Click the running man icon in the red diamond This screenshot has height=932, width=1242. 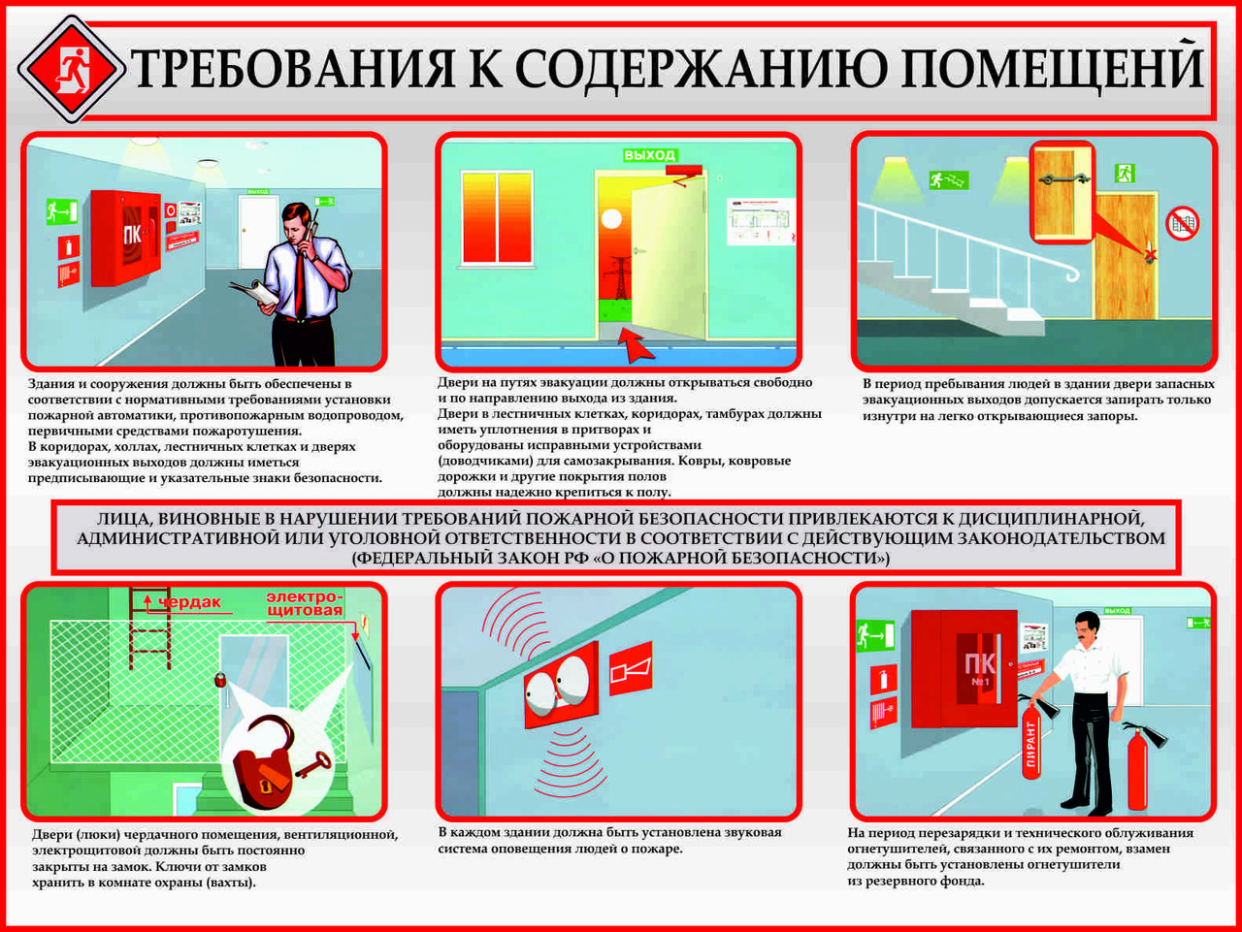pos(72,70)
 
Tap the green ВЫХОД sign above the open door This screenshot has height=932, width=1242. pos(649,155)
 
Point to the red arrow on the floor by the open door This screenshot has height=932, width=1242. pos(636,343)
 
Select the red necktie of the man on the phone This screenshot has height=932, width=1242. pos(302,281)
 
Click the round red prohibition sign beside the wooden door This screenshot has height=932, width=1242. pos(1182,223)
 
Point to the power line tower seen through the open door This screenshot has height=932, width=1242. pos(617,278)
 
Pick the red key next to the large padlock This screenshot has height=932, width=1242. pos(312,765)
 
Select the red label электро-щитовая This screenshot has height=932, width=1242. pos(305,603)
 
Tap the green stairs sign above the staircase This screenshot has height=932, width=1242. pos(948,180)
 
